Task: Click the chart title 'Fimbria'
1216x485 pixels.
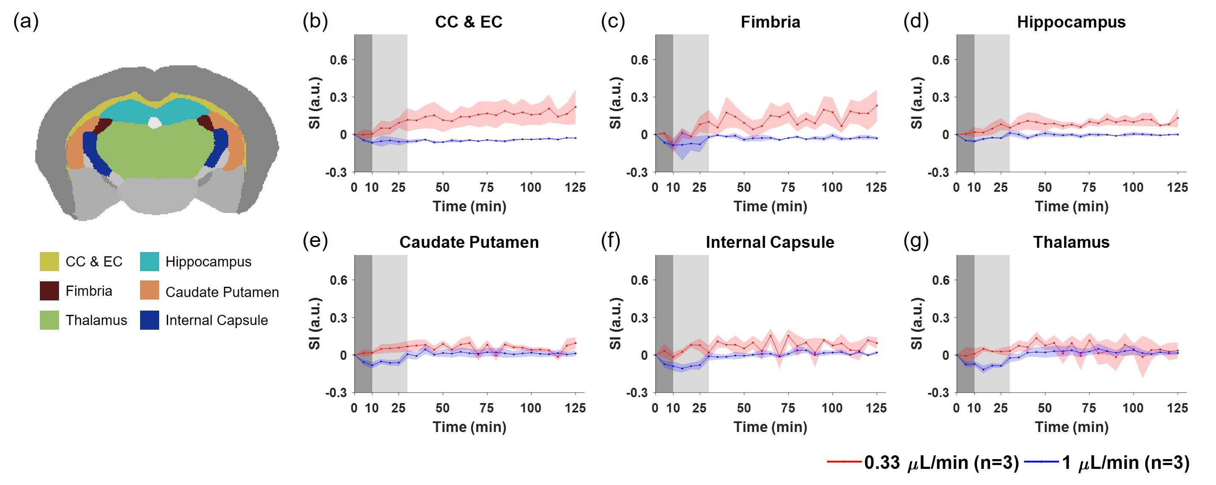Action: (770, 22)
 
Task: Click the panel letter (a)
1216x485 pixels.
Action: (26, 21)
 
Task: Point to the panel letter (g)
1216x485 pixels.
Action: (916, 241)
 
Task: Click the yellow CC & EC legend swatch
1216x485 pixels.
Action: (49, 261)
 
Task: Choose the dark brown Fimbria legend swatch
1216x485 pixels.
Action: (49, 291)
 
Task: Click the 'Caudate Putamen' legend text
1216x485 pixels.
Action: (222, 292)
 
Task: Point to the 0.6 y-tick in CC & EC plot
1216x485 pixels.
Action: (338, 60)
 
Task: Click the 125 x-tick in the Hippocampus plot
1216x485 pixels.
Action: (1177, 187)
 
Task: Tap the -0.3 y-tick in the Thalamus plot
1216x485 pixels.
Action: (938, 392)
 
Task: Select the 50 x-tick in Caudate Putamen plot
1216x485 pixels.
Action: (442, 408)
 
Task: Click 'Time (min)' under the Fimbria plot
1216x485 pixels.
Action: (770, 206)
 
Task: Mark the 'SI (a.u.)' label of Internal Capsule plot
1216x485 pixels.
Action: (615, 324)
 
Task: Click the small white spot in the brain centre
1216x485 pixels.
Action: (154, 123)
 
